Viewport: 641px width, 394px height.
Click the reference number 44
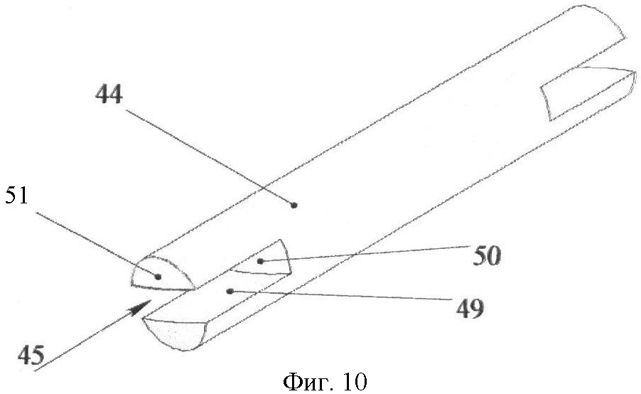coord(109,95)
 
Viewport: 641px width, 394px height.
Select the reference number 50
coord(487,257)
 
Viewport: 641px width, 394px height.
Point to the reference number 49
coord(470,309)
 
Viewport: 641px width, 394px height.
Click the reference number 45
coord(31,354)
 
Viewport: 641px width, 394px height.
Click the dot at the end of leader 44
coord(293,205)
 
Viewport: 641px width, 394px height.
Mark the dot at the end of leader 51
coord(158,277)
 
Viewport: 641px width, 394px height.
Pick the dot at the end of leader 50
coord(260,261)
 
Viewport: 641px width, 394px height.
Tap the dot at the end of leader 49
coord(230,292)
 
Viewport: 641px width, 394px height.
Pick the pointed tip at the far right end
coord(635,73)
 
